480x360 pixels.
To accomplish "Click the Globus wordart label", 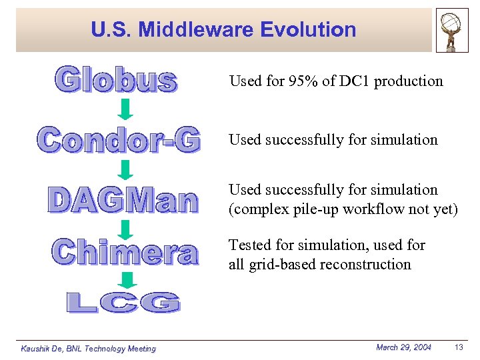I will click(x=116, y=80).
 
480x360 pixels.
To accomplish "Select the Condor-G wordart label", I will click(x=119, y=139).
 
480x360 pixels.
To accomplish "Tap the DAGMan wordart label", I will click(x=123, y=201).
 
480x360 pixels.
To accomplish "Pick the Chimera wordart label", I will click(x=125, y=252).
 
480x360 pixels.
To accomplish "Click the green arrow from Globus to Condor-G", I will click(x=126, y=109).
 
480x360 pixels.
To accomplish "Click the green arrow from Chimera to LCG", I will click(x=129, y=279).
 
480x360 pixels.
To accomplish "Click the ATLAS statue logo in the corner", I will click(x=452, y=30).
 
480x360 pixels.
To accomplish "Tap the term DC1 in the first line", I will click(x=351, y=81).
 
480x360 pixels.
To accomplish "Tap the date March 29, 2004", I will click(x=403, y=347).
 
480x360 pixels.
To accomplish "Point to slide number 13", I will click(x=458, y=347).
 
